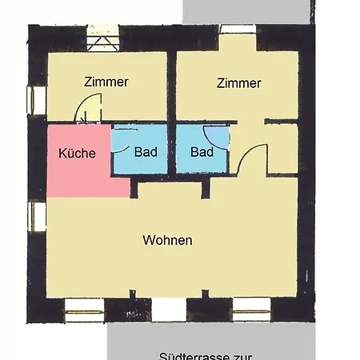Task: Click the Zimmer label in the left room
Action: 106,82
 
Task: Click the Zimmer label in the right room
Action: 238,83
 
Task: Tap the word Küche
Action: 78,154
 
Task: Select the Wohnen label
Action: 167,240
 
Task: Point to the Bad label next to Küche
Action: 146,152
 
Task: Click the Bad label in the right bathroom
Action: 202,152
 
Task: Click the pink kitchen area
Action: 76,172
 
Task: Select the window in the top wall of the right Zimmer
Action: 238,30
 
